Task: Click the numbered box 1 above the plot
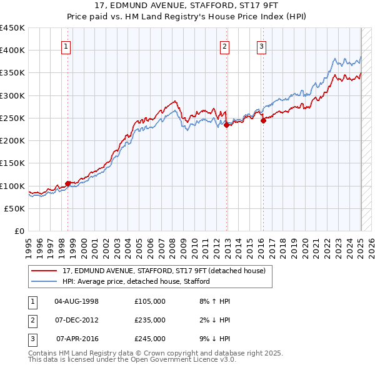66,46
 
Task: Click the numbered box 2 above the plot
224,46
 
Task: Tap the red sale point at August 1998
67,183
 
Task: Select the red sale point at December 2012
226,125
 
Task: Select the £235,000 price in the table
150,320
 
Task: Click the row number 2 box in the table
32,320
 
